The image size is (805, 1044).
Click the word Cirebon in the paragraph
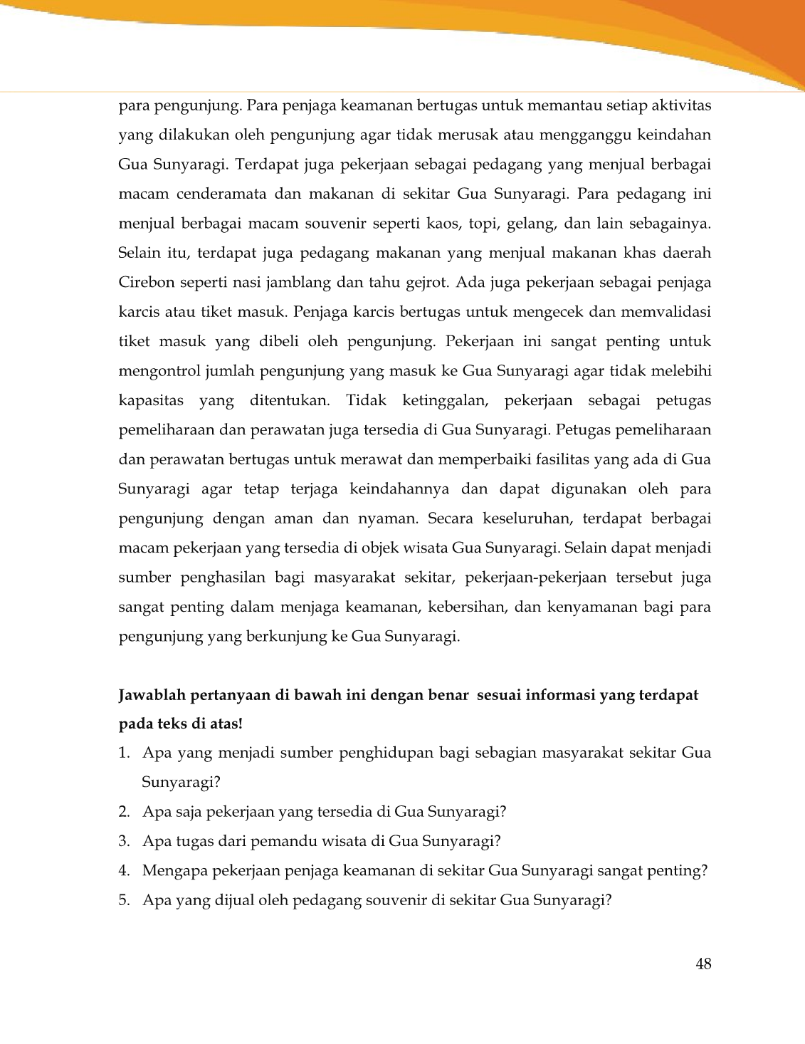(145, 283)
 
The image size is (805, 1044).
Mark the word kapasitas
(150, 401)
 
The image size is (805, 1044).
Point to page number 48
(703, 964)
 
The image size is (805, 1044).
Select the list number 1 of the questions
(123, 753)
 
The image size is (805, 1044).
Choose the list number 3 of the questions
(123, 841)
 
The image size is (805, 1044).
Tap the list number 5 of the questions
(123, 900)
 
